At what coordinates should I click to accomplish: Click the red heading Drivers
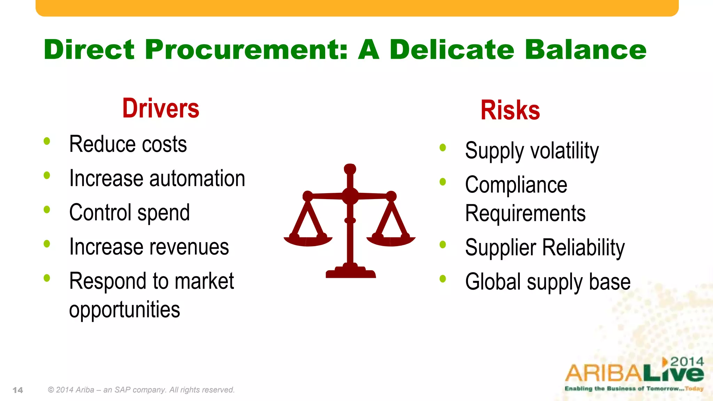[160, 109]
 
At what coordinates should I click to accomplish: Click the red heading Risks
[510, 110]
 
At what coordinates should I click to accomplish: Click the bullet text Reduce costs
[128, 144]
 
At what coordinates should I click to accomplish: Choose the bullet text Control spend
[130, 213]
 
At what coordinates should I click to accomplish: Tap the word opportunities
[124, 309]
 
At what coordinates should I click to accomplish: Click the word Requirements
[525, 213]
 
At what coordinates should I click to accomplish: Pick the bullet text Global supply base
[548, 282]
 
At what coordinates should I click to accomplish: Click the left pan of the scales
[308, 241]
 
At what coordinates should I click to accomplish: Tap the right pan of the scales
[391, 241]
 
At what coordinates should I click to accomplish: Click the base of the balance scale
[351, 273]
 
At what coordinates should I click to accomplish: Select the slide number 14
[18, 390]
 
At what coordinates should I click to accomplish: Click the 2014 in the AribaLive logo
[687, 362]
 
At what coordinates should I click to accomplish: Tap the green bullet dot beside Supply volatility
[443, 148]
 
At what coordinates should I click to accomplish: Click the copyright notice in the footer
[141, 390]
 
